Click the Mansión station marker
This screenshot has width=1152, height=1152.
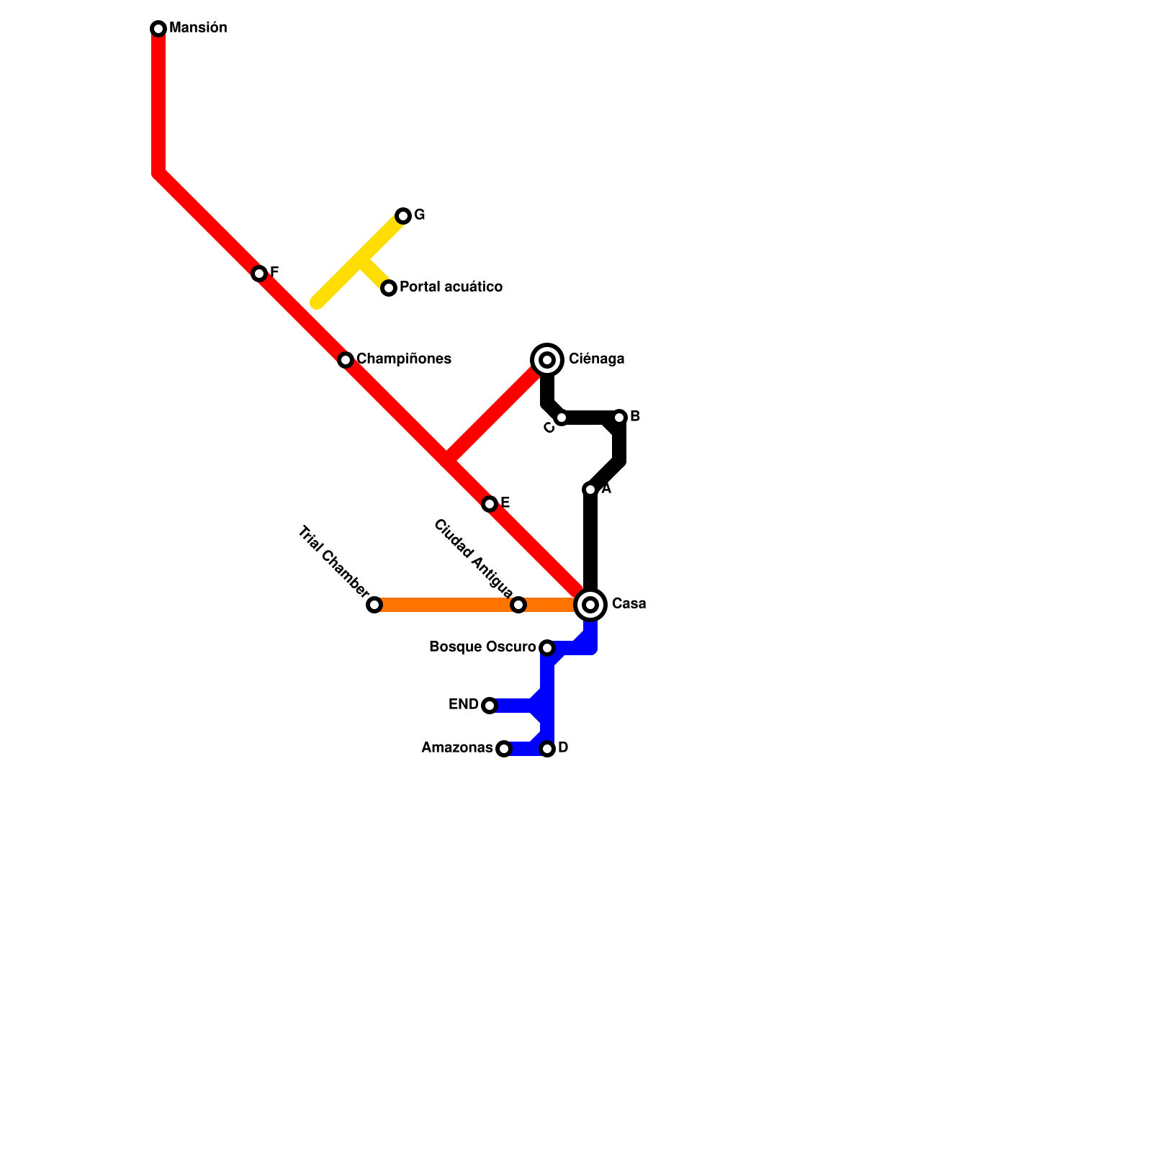[x=158, y=29]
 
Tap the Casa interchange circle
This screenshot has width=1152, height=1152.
[x=590, y=605]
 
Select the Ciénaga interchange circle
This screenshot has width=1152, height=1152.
[x=547, y=360]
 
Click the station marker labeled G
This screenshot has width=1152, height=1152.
[x=403, y=216]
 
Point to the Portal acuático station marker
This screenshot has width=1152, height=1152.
[x=389, y=288]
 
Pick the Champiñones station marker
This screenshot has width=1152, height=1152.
[x=346, y=360]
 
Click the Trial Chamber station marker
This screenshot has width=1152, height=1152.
[x=374, y=605]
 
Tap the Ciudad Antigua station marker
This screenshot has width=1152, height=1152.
[x=518, y=605]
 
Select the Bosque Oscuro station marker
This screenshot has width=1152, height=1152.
[x=547, y=648]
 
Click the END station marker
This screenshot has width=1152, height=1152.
[x=490, y=706]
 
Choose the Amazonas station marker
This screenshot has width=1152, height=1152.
[x=504, y=749]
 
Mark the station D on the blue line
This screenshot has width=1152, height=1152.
[x=547, y=749]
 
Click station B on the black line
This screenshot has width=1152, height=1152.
[x=619, y=418]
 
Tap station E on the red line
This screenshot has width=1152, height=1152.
[x=490, y=504]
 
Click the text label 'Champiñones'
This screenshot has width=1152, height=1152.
[x=404, y=359]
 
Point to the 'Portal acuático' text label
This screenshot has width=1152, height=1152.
[x=451, y=287]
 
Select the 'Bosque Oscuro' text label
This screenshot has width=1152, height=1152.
[x=482, y=647]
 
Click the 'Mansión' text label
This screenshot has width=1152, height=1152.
[x=198, y=27]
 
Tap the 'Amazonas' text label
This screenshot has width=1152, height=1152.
[x=456, y=747]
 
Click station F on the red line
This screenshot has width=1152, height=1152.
[x=259, y=274]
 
